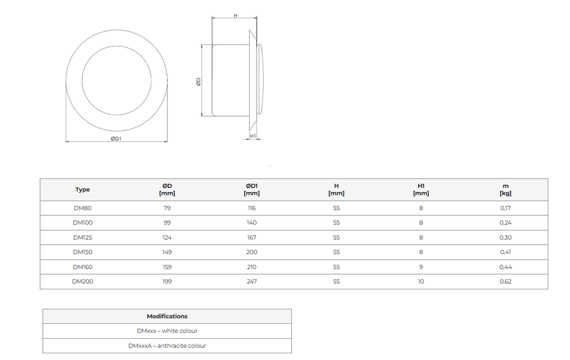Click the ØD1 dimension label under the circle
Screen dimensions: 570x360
[x=116, y=139]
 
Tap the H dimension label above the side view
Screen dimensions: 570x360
[x=235, y=16]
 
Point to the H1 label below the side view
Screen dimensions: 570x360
[x=253, y=136]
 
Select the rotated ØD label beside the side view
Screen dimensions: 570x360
[x=199, y=82]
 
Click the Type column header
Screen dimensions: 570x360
[x=82, y=190]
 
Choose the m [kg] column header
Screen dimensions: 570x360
[x=505, y=190]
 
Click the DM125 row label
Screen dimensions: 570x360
[x=82, y=238]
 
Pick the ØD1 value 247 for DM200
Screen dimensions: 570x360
[x=252, y=282]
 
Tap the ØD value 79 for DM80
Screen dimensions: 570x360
[x=167, y=208]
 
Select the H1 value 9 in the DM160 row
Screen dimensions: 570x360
[x=421, y=267]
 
